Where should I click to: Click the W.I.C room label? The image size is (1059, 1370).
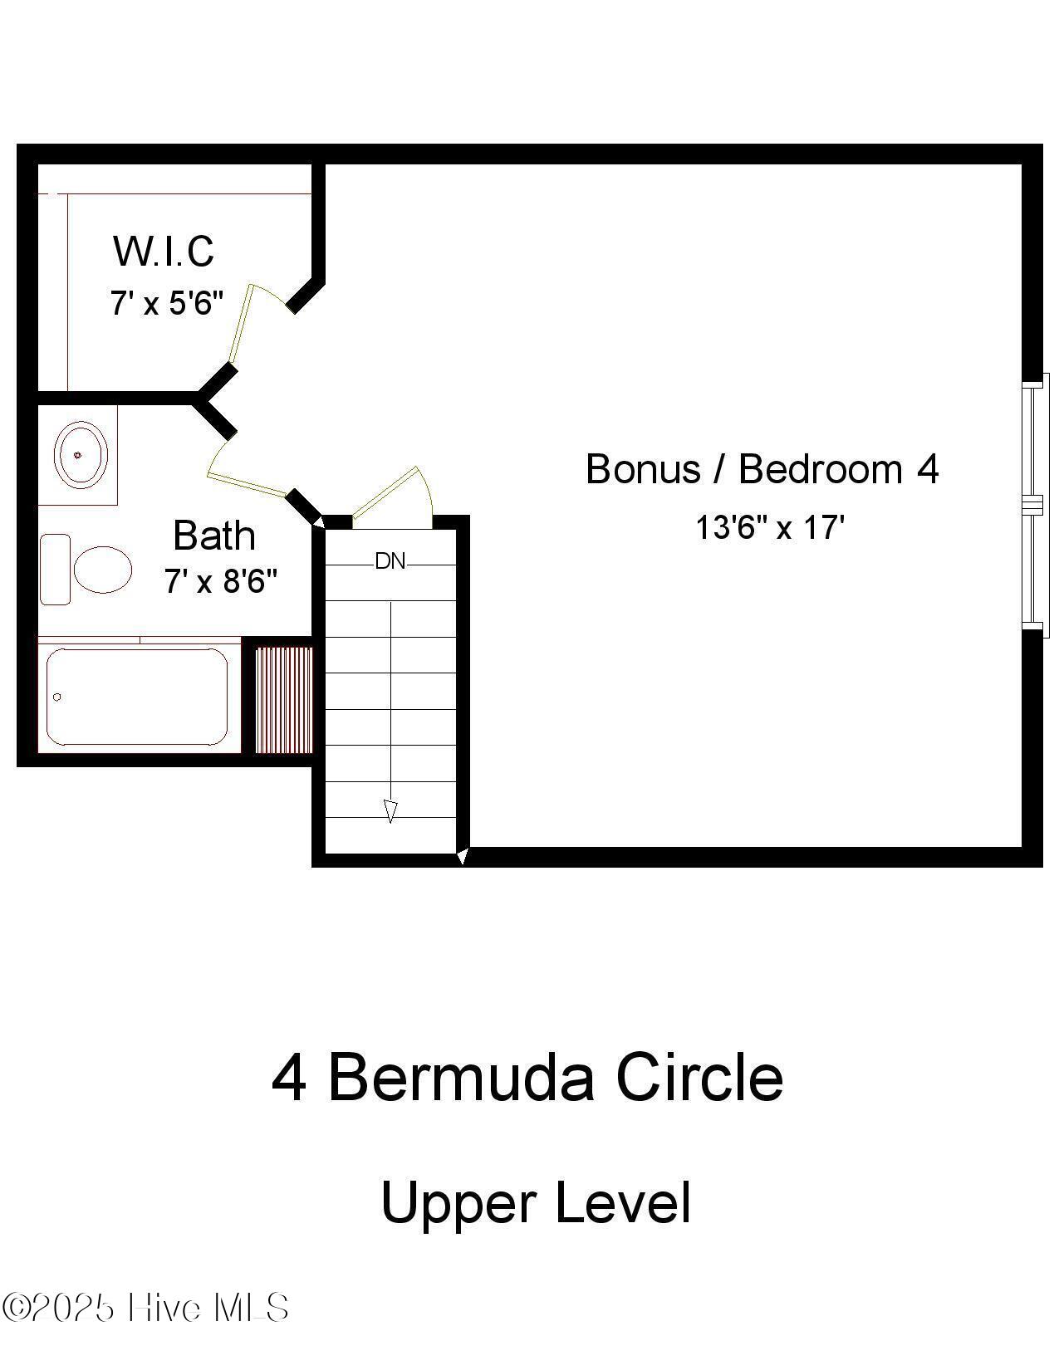(164, 251)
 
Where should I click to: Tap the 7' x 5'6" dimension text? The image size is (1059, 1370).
(167, 303)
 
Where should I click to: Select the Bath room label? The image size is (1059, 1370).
(213, 536)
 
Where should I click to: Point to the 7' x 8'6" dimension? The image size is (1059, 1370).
(220, 581)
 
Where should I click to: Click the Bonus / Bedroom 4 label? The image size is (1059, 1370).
(762, 469)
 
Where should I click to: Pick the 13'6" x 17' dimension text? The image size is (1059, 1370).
(769, 527)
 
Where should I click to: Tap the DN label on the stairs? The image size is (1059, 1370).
(390, 562)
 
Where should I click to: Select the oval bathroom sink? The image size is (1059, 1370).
(81, 454)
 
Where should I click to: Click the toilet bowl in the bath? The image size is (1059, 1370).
(102, 570)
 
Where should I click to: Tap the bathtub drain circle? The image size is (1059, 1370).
(56, 697)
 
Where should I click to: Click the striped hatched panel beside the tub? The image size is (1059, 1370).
(283, 700)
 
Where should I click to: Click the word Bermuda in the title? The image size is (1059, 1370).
(461, 1079)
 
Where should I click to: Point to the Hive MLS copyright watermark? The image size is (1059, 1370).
(145, 1308)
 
